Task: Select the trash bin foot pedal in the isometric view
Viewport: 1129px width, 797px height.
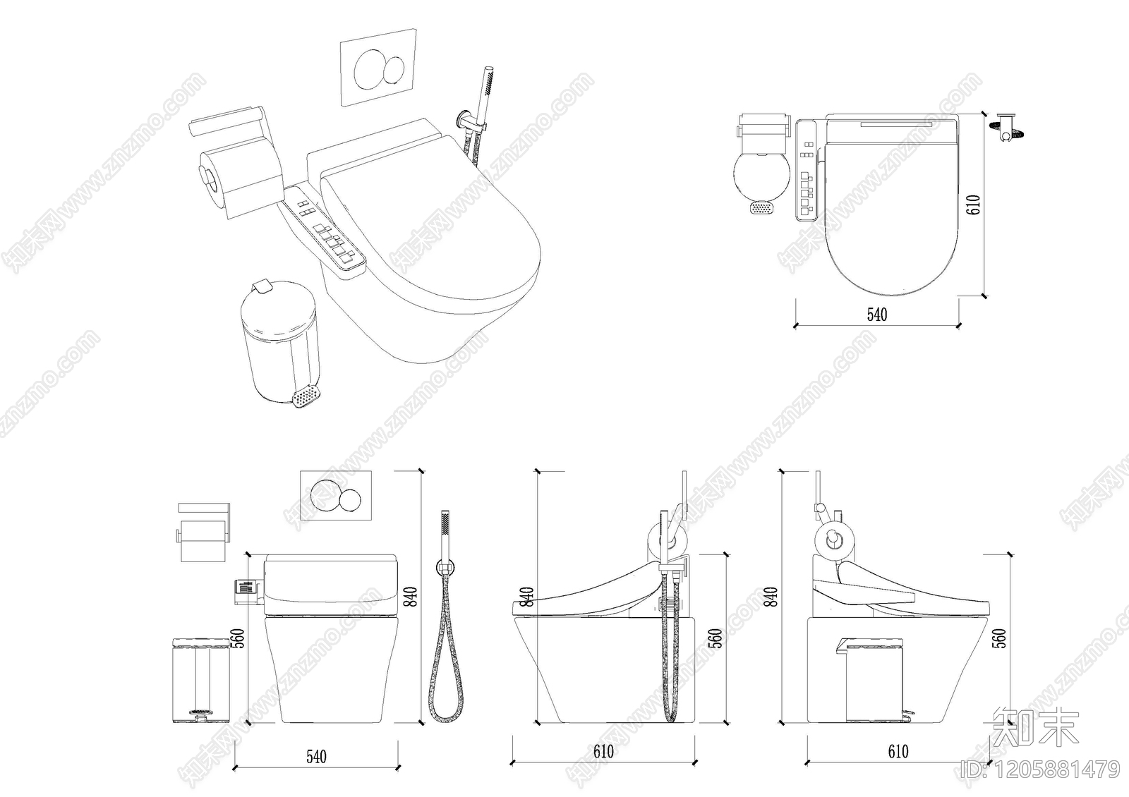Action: pos(306,397)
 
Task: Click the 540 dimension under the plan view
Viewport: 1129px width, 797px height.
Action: pos(877,314)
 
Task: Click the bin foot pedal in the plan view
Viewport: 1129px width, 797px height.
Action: pos(761,208)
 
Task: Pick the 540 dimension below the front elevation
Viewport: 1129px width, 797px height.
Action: pos(316,756)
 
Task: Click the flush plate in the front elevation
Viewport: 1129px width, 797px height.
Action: pos(336,495)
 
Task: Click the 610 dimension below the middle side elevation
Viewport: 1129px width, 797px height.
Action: pos(603,752)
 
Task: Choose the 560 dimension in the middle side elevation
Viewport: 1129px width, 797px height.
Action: pos(715,638)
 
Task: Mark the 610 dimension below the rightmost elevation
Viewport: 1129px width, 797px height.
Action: pos(898,752)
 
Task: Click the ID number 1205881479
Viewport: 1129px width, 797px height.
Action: pos(1042,769)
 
